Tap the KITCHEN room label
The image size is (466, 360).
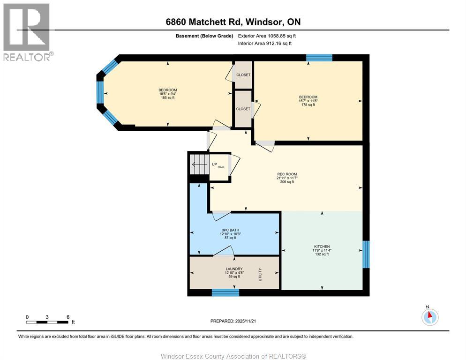322,247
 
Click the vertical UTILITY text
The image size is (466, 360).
260,274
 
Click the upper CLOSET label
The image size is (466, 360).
243,75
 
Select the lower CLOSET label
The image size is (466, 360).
243,109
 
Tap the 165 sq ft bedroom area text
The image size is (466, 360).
167,97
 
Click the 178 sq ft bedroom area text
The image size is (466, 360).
308,105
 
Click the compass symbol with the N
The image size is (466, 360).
429,317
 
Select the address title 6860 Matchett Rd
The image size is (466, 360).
233,22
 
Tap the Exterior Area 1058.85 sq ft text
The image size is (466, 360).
267,36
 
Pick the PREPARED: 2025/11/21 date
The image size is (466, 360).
233,321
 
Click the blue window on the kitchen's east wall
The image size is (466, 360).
366,255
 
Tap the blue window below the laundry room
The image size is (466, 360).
225,293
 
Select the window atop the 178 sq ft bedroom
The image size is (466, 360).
319,58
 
